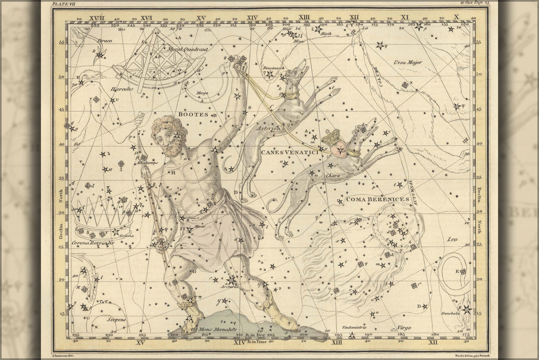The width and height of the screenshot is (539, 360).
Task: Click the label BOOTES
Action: (194, 114)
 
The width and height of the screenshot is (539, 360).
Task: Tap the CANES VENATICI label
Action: (290, 152)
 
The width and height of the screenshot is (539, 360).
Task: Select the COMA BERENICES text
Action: (377, 199)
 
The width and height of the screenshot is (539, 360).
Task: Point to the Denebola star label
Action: (449, 313)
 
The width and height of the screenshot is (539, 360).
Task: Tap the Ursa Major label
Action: (407, 63)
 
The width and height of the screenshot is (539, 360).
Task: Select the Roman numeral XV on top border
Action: (201, 17)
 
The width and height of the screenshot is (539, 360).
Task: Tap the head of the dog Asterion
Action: (299, 73)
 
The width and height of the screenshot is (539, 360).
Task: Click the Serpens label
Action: (116, 319)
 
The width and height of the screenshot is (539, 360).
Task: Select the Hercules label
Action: (122, 88)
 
